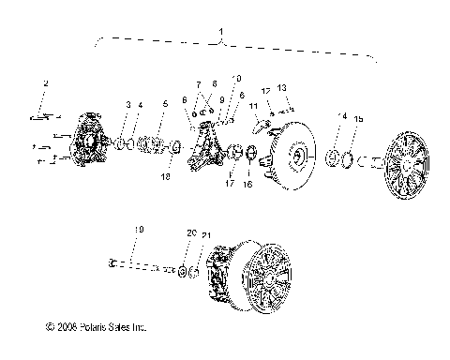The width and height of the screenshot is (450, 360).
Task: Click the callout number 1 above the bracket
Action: pyautogui.click(x=221, y=33)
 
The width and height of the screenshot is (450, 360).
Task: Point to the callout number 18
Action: pyautogui.click(x=166, y=174)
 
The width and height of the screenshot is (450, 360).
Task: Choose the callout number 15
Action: pyautogui.click(x=356, y=119)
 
